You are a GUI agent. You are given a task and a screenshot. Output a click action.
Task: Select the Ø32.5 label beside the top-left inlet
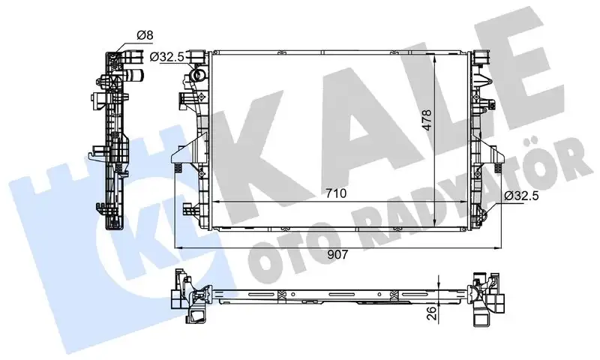click(168, 56)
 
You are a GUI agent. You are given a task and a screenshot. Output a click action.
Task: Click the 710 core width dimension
click(335, 193)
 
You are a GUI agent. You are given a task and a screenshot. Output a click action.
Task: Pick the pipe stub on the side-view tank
click(134, 75)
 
